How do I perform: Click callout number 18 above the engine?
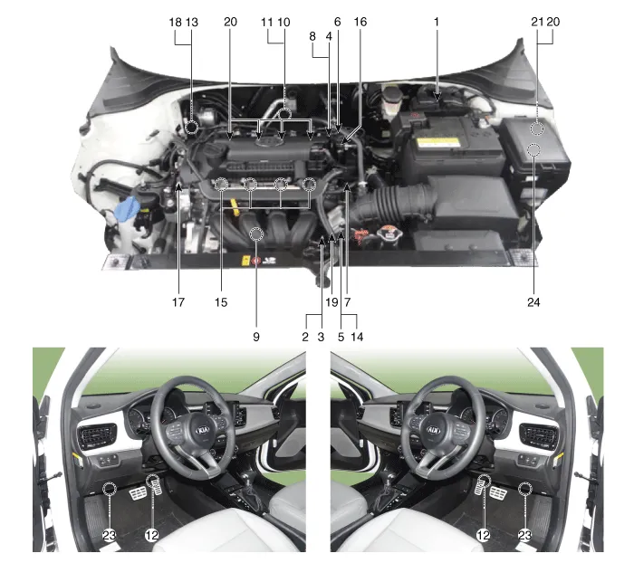(175, 22)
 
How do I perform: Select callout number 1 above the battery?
(437, 22)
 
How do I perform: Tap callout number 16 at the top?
(360, 22)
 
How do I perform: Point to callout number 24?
(533, 302)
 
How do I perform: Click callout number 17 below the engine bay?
(178, 302)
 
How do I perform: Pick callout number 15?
(221, 302)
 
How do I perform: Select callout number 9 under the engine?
(256, 337)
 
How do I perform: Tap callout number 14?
(357, 337)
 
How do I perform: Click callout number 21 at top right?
(537, 22)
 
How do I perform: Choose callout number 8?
(312, 36)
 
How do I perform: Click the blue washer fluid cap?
(128, 208)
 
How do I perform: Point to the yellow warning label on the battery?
(438, 143)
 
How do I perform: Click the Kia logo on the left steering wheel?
(203, 430)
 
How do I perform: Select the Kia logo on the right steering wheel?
(434, 430)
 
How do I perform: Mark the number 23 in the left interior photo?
(110, 535)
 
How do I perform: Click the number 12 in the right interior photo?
(483, 535)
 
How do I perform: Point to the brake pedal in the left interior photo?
(138, 493)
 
